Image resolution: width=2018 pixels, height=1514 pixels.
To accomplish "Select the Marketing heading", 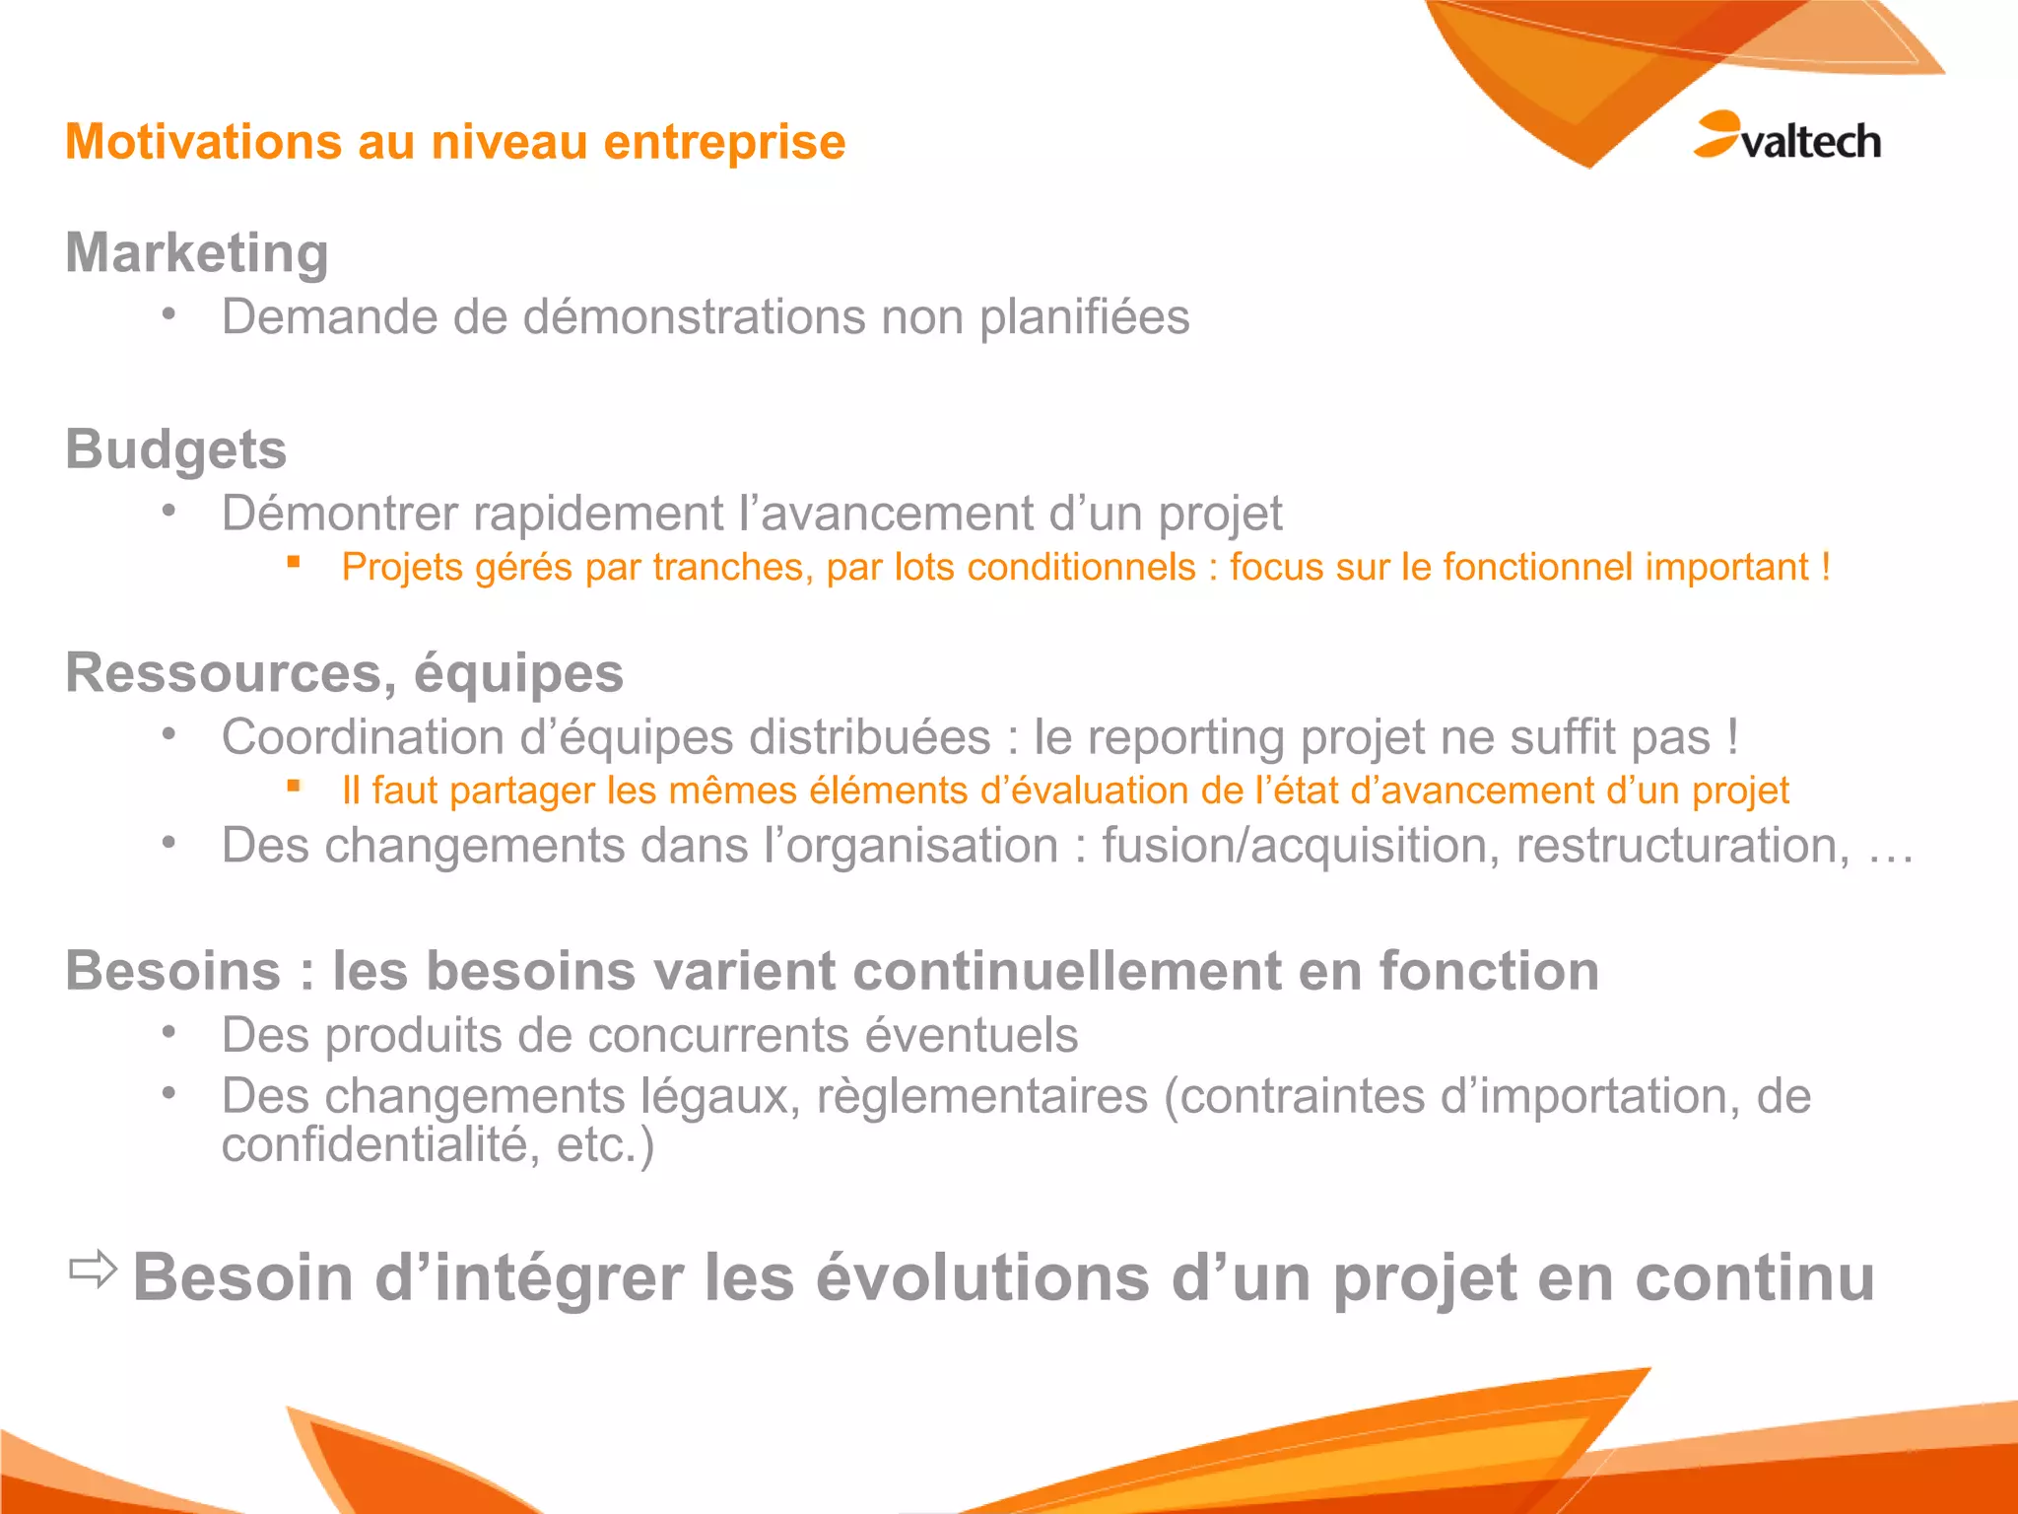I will tap(197, 253).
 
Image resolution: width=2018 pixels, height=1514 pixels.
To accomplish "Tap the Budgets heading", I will tap(176, 449).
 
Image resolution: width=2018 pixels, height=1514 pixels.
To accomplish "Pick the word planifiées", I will tap(1084, 317).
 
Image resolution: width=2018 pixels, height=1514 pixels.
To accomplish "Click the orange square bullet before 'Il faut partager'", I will tap(294, 786).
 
